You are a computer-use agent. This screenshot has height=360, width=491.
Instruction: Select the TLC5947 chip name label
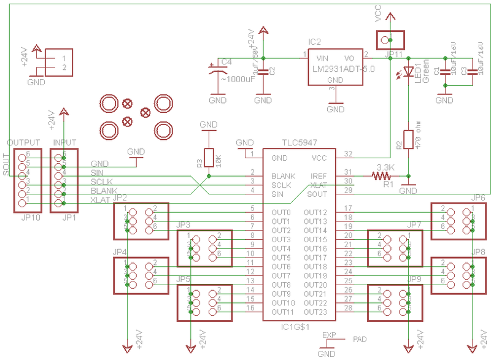(300, 142)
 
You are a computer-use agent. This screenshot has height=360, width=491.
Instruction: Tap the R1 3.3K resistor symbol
(385, 176)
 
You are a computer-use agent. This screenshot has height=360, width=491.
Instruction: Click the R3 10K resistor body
(209, 158)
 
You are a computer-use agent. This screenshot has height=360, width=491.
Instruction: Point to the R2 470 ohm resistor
(408, 140)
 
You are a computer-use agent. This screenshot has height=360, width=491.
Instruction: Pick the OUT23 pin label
(315, 312)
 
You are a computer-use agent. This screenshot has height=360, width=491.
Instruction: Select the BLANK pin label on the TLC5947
(283, 176)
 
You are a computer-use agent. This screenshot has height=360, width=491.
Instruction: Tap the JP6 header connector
(459, 221)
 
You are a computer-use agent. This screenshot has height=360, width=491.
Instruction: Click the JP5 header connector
(205, 303)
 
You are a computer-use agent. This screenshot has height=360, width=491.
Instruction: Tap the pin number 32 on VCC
(349, 153)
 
